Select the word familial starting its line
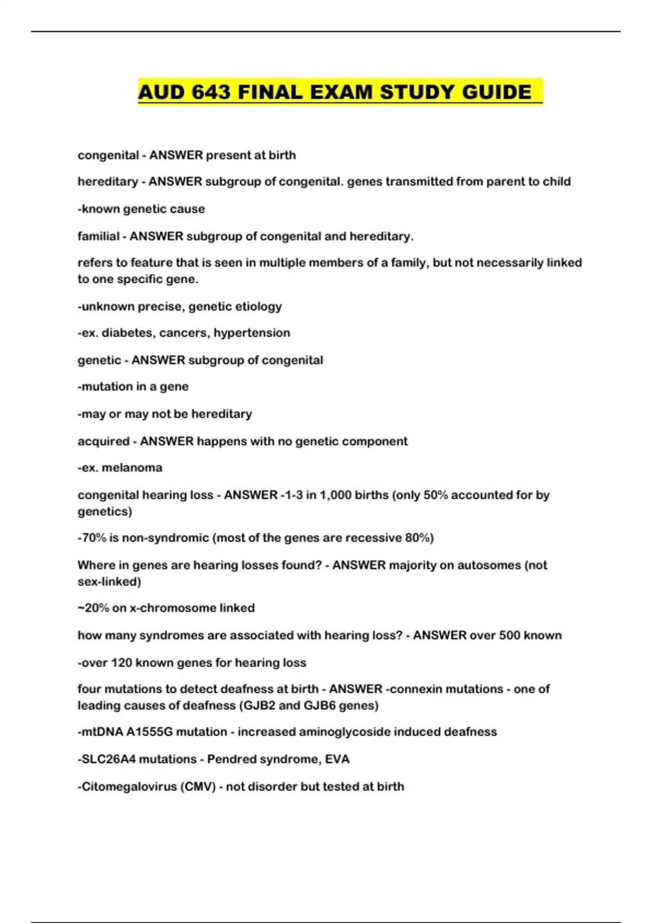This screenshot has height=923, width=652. (98, 236)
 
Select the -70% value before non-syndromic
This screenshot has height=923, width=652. (91, 538)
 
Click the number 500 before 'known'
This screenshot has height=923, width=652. (509, 635)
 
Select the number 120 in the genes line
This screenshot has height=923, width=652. (122, 663)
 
